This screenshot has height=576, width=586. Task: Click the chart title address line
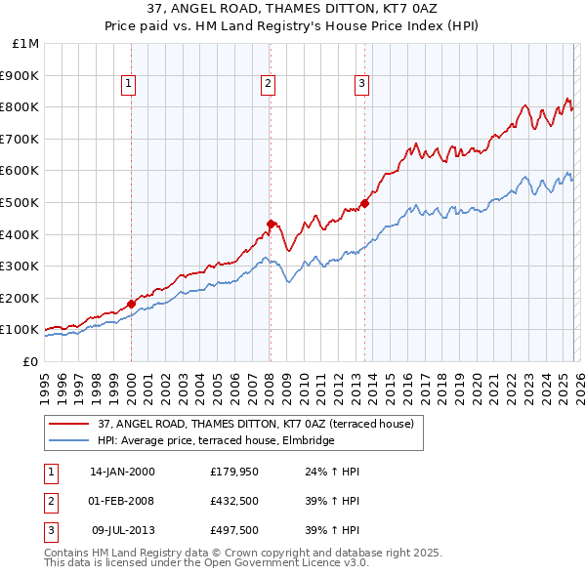click(x=292, y=9)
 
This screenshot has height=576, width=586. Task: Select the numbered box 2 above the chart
click(x=268, y=85)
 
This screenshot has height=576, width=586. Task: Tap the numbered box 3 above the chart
click(x=361, y=85)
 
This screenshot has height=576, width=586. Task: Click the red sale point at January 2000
click(x=131, y=304)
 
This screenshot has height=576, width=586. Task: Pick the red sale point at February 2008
click(x=271, y=224)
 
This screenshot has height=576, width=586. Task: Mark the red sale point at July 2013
click(x=364, y=203)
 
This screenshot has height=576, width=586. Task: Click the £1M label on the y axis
click(x=26, y=43)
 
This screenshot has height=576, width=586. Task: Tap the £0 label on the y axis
click(x=31, y=361)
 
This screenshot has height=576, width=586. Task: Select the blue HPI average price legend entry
click(x=216, y=440)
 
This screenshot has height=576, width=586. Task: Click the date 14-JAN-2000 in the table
click(x=122, y=472)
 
